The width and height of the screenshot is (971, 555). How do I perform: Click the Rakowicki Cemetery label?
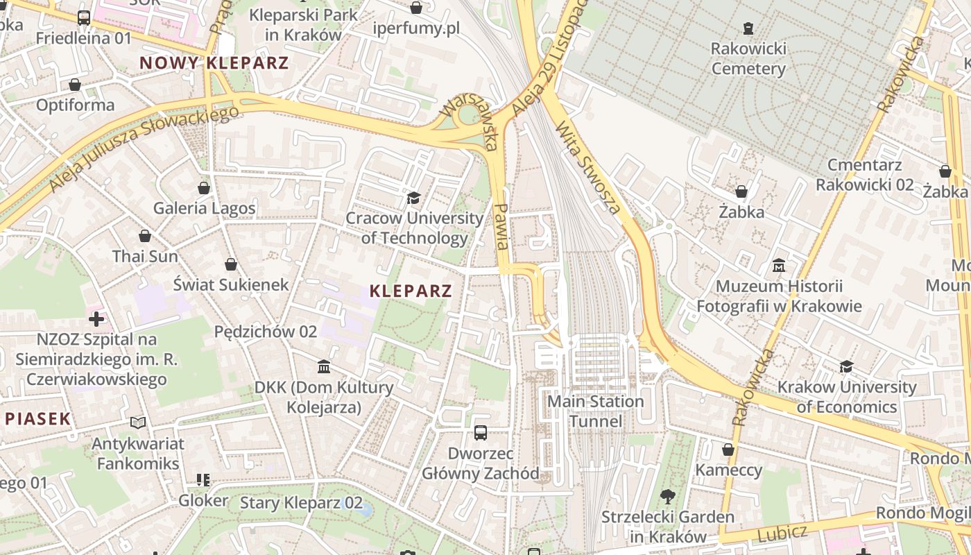[x=748, y=59]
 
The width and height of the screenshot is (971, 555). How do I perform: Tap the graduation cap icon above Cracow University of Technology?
[x=414, y=198]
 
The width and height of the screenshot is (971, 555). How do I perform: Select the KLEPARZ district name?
[x=411, y=291]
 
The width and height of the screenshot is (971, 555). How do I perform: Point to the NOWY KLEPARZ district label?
[x=214, y=63]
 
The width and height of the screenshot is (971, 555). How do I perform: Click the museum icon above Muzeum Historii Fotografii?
[x=778, y=266]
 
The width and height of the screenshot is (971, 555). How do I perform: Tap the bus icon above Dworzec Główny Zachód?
[x=481, y=433]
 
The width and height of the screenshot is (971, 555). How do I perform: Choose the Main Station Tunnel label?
[x=596, y=411]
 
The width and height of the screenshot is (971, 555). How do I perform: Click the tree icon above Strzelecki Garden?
[x=668, y=496]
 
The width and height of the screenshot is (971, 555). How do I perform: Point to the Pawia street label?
[x=503, y=226]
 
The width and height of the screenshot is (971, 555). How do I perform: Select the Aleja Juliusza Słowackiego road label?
[x=144, y=147]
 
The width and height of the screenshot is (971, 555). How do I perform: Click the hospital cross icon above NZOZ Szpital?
[x=96, y=319]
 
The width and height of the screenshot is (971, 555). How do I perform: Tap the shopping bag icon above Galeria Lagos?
[x=204, y=188]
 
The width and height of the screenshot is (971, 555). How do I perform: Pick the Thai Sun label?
[x=145, y=256]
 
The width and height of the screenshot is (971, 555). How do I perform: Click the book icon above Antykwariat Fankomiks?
[x=138, y=422]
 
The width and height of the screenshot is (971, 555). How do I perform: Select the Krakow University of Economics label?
[x=847, y=397]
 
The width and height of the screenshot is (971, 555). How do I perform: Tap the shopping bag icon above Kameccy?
[x=728, y=450]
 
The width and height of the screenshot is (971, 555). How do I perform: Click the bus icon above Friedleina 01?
[x=84, y=18]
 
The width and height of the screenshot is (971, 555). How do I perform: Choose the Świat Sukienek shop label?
[x=231, y=284]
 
